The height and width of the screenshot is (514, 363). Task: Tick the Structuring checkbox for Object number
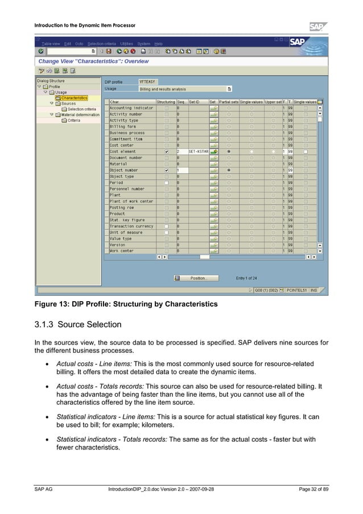click(166, 170)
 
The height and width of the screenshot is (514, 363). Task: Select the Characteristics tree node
click(74, 98)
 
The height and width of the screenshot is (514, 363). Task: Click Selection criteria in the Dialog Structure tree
click(82, 109)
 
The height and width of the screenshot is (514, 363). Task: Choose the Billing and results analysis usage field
click(182, 89)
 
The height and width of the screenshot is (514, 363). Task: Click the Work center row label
click(122, 250)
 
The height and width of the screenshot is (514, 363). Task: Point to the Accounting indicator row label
click(131, 108)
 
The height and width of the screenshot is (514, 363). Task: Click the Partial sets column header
click(228, 101)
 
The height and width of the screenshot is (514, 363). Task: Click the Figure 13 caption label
click(54, 305)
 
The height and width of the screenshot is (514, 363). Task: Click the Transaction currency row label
click(131, 226)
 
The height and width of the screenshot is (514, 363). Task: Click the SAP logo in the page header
click(319, 27)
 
